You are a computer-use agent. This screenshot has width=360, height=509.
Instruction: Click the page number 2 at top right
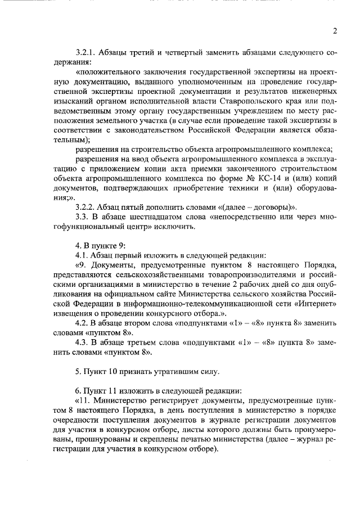pos(335,30)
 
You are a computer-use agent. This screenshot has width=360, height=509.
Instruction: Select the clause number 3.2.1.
pos(87,52)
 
